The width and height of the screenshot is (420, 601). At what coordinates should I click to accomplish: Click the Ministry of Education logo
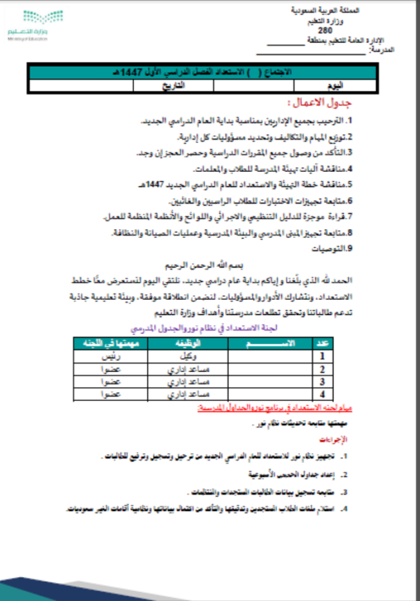[x=27, y=25]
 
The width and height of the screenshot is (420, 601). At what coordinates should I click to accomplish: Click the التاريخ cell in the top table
[x=173, y=85]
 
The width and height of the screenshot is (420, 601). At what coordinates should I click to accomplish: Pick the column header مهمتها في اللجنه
[x=111, y=343]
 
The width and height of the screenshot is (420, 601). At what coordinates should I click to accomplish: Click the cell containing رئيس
[x=111, y=355]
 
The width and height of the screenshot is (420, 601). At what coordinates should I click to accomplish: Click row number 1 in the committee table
[x=322, y=355]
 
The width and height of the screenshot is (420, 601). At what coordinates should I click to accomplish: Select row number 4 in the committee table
[x=322, y=395]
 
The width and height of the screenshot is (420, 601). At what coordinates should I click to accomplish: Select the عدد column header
[x=322, y=343]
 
